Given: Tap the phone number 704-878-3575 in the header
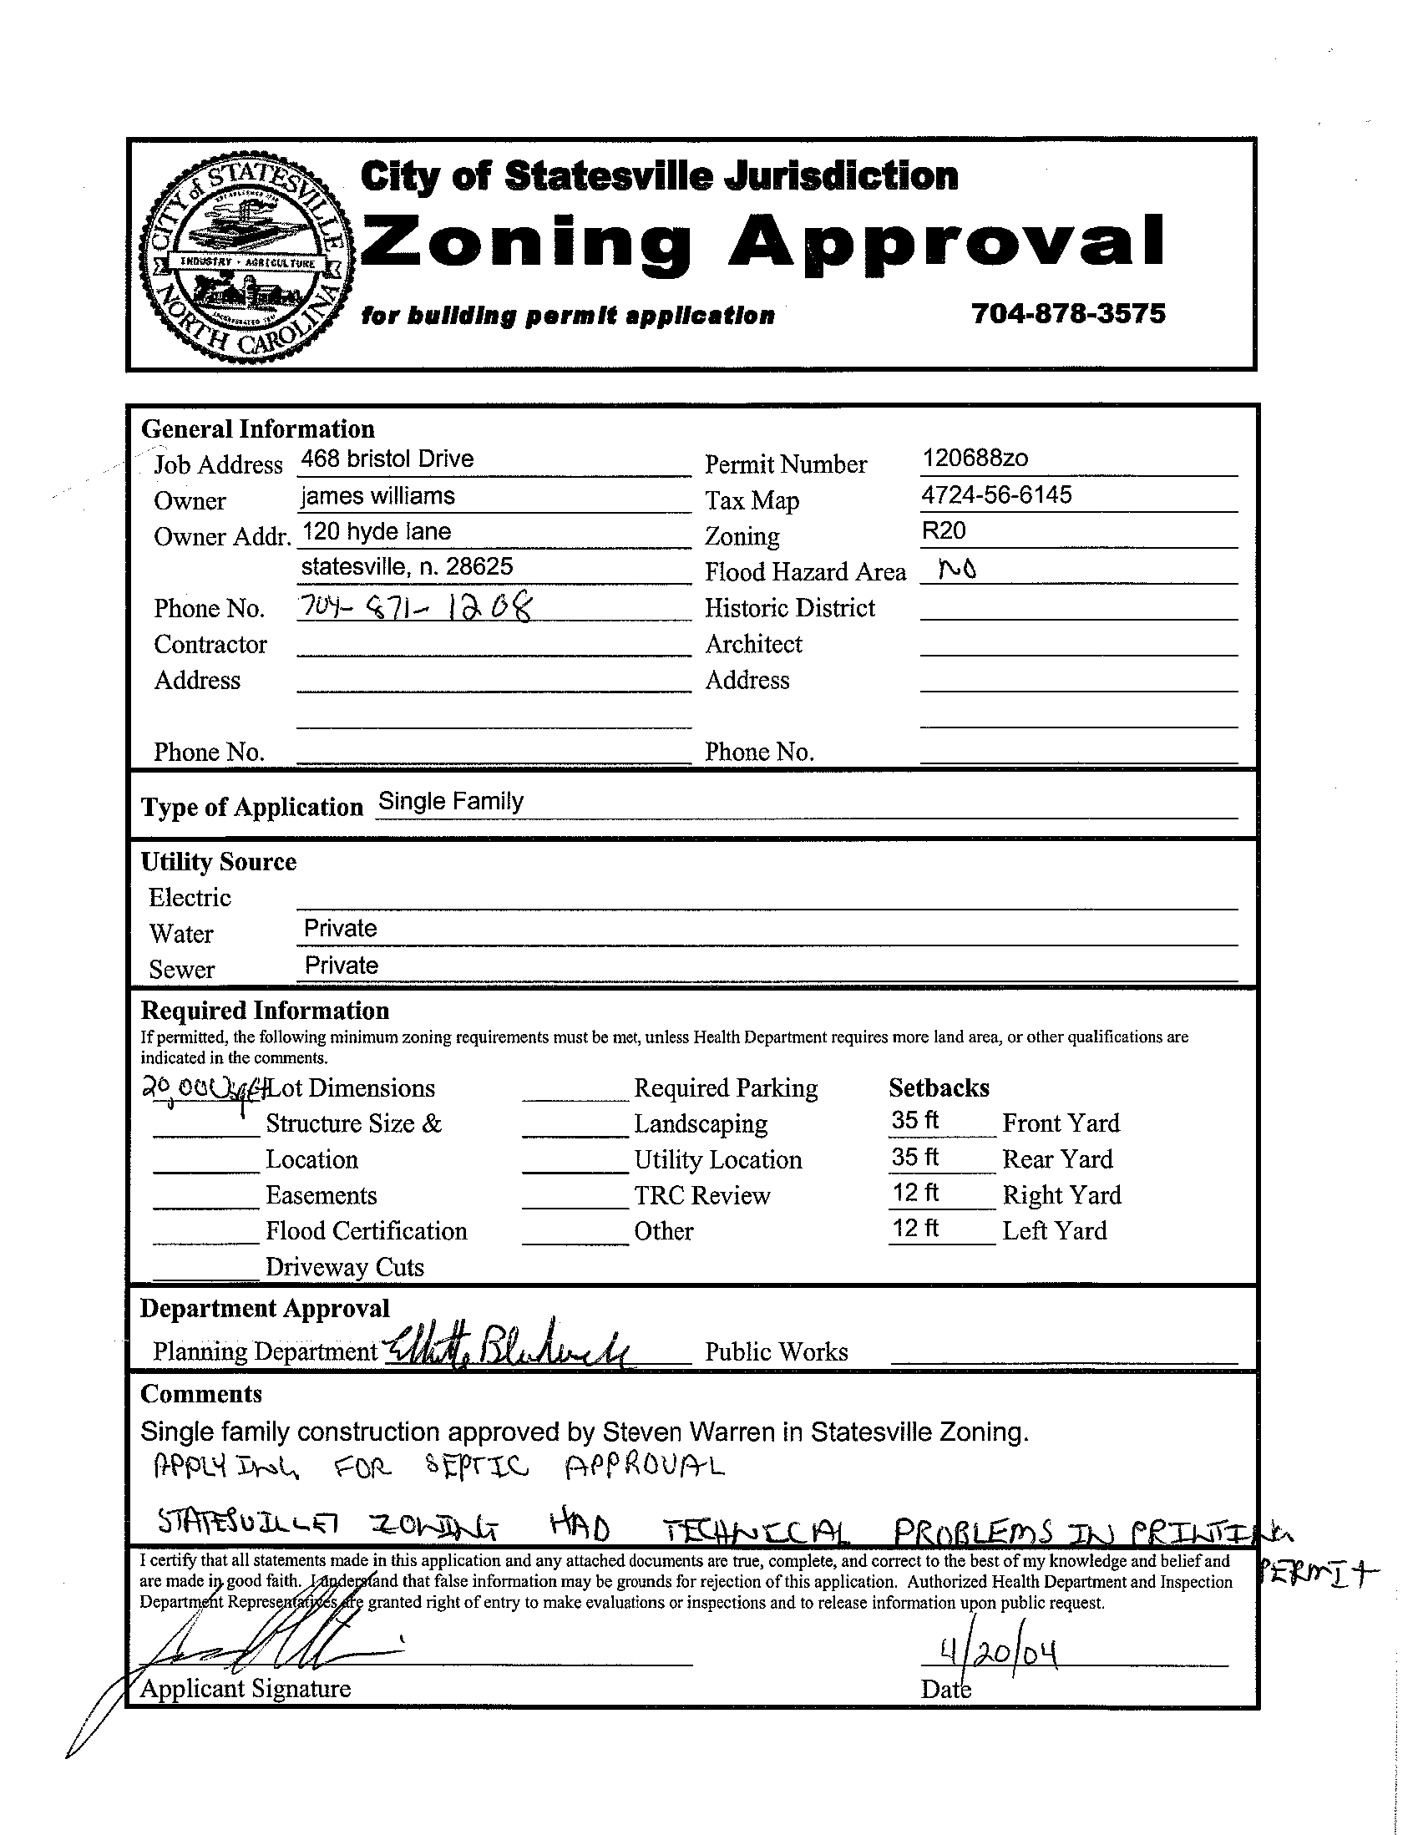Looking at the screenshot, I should [1068, 313].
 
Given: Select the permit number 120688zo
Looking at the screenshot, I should [975, 458].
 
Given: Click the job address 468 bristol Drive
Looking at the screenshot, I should [387, 459].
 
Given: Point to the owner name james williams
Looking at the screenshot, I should [378, 496].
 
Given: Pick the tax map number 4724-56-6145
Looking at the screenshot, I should [996, 495].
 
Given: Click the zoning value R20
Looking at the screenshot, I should [944, 530].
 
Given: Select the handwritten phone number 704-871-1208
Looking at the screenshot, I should [416, 605].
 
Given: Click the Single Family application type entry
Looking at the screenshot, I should [451, 801].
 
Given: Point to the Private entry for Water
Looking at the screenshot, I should [340, 929].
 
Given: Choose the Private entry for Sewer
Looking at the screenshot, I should [341, 966].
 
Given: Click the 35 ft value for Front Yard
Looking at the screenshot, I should [914, 1121].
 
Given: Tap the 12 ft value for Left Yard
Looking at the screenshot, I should [914, 1229].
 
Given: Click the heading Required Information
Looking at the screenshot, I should [265, 1010].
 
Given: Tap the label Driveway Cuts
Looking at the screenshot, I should [344, 1266].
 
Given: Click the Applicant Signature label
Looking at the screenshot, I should [246, 1688].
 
